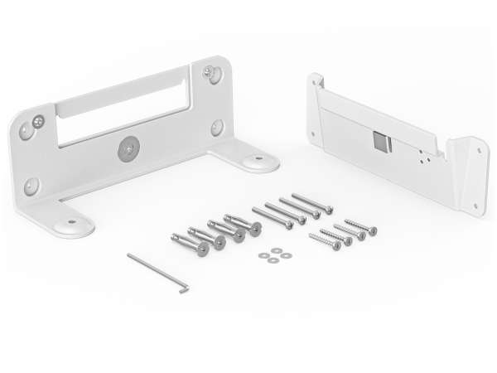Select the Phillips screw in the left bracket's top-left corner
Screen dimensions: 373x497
pos(40,122)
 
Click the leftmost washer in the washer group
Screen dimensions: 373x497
pos(262,253)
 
